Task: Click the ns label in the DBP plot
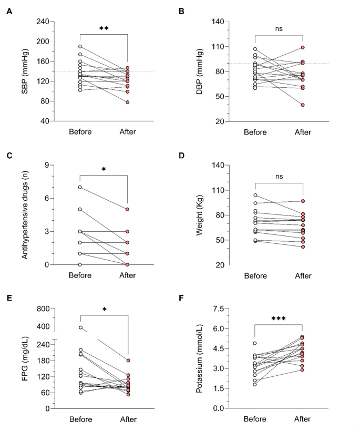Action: click(279, 30)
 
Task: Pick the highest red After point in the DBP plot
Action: click(303, 48)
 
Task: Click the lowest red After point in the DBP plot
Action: click(303, 105)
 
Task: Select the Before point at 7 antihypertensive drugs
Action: click(80, 187)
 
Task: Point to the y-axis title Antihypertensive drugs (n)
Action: click(25, 215)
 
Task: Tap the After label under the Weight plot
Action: click(303, 275)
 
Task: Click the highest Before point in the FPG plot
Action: click(80, 327)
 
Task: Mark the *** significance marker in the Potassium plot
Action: click(279, 319)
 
